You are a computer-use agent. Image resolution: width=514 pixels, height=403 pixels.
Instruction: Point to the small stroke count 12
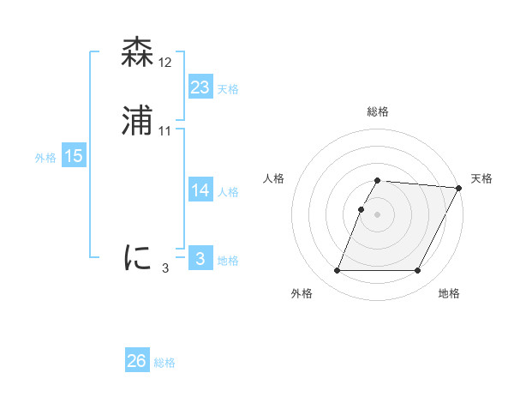point(165,63)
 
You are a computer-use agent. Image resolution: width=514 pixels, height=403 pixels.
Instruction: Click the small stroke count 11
point(165,131)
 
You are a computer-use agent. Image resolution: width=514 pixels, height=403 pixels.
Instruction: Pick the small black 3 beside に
point(165,268)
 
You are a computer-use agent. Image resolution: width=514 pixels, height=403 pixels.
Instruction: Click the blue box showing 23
point(200,87)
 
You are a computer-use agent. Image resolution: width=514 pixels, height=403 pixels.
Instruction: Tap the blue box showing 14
point(200,190)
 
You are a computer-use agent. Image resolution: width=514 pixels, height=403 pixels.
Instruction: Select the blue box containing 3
point(200,259)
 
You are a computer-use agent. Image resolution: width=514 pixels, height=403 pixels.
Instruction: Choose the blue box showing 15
point(73,156)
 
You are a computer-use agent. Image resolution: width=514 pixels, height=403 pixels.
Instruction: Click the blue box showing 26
point(137,361)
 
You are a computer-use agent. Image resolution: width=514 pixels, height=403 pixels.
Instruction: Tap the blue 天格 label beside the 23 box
point(228,89)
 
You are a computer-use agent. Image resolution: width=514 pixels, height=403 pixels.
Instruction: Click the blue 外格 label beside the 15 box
point(45,158)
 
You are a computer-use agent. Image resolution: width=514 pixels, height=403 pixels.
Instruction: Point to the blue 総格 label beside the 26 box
point(165,363)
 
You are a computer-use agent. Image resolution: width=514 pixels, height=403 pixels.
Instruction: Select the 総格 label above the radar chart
point(378,112)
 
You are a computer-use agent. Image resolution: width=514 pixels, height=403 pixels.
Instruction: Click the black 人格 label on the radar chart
point(274,178)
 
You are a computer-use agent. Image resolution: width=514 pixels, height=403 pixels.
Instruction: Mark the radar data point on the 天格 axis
point(459,188)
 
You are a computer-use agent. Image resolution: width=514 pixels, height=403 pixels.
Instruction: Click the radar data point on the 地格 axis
point(418,271)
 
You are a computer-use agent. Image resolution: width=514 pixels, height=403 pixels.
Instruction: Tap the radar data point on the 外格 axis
point(338,271)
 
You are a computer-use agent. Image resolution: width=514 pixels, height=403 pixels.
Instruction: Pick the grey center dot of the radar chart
point(378,214)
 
